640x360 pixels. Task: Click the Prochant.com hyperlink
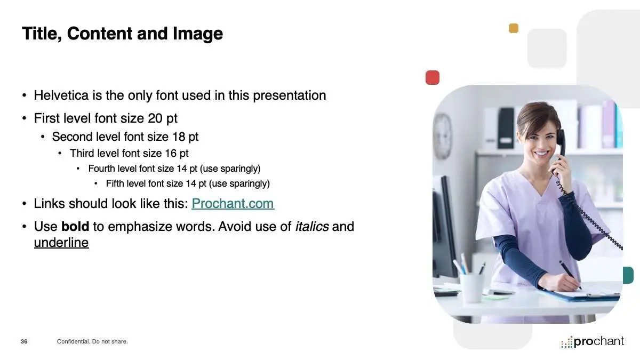pyautogui.click(x=233, y=203)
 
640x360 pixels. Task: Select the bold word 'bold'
pyautogui.click(x=75, y=226)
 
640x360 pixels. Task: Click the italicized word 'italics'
pyautogui.click(x=312, y=226)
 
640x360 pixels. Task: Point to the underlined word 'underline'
pyautogui.click(x=61, y=243)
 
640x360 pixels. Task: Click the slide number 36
pyautogui.click(x=24, y=341)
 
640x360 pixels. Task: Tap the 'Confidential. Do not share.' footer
pyautogui.click(x=92, y=341)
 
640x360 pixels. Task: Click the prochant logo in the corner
pyautogui.click(x=593, y=341)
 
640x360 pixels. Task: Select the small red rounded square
pyautogui.click(x=433, y=77)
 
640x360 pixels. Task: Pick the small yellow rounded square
pyautogui.click(x=514, y=28)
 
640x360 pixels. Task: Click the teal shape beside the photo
pyautogui.click(x=628, y=275)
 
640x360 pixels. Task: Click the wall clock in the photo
pyautogui.click(x=443, y=137)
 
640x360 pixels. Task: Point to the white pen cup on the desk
pyautogui.click(x=471, y=287)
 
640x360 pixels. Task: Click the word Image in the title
pyautogui.click(x=198, y=34)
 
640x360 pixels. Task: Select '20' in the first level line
pyautogui.click(x=155, y=118)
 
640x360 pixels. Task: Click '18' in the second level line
pyautogui.click(x=179, y=137)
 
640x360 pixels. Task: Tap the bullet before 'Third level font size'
pyautogui.click(x=60, y=154)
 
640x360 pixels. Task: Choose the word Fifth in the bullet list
pyautogui.click(x=115, y=183)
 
